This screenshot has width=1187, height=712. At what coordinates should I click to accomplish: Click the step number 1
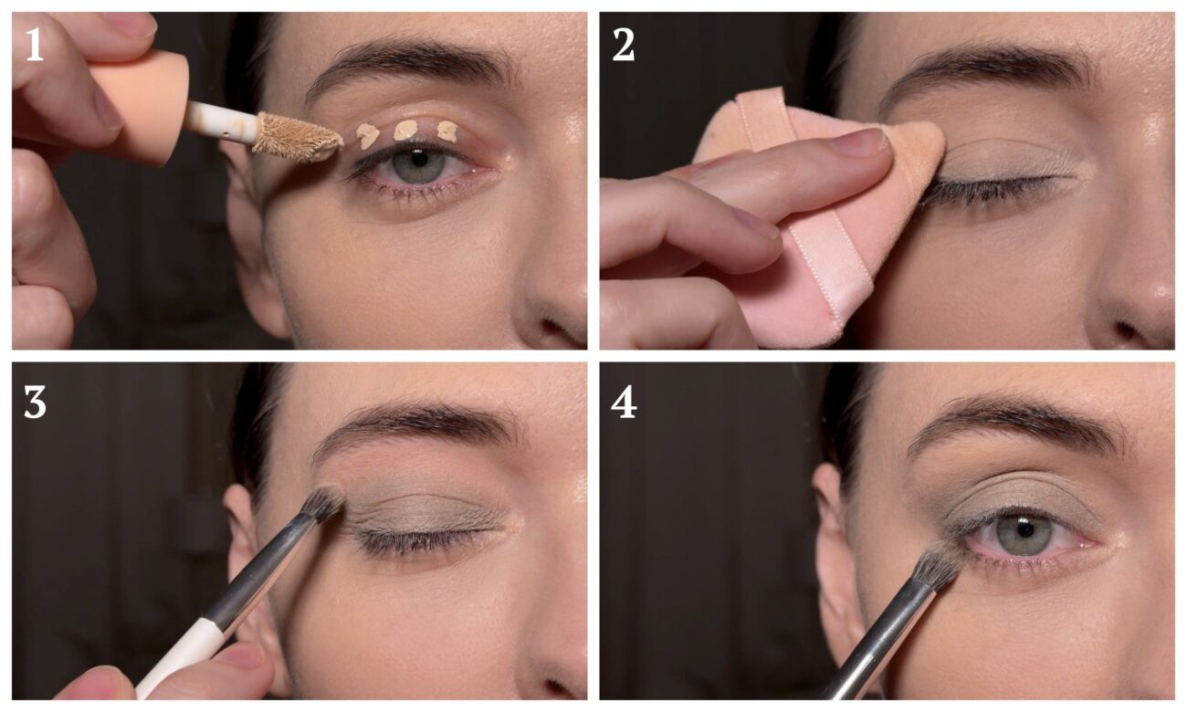pos(35,45)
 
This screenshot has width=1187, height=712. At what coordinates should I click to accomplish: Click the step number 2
pos(623,45)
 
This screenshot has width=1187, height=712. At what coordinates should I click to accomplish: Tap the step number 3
pos(35,402)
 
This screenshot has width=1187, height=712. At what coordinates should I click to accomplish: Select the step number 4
pos(624,402)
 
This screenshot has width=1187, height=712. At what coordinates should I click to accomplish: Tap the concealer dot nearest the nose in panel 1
pos(446,131)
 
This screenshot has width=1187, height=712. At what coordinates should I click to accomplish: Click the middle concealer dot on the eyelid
pos(407,130)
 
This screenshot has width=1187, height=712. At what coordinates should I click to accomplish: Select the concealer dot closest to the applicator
pos(367,135)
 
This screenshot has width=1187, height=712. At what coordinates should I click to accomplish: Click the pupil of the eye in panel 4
pos(1024,529)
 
